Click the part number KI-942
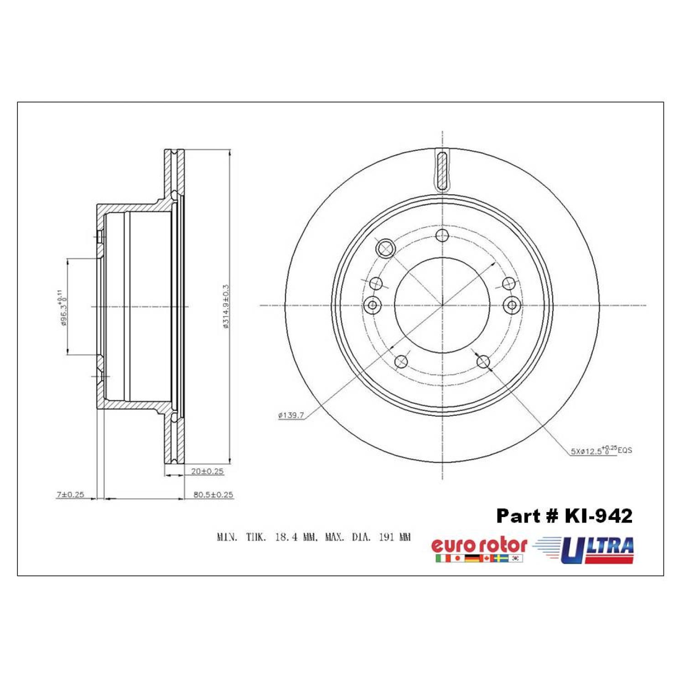[x=598, y=516]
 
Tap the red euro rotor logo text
[x=479, y=545]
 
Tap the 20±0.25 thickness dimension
[x=207, y=472]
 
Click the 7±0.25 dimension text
[x=71, y=494]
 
